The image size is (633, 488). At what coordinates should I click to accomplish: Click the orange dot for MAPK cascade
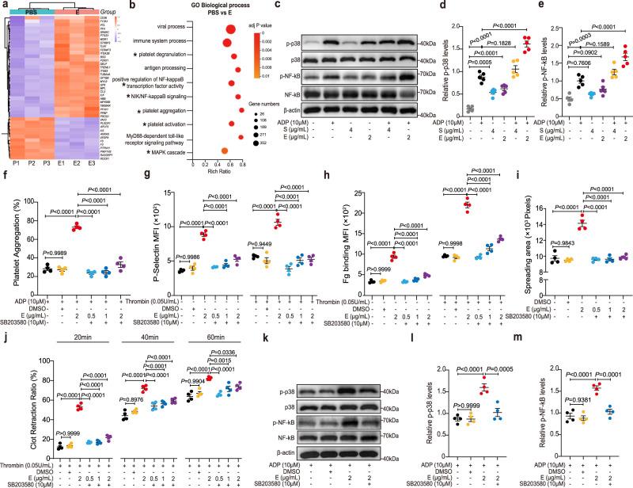coord(225,149)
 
